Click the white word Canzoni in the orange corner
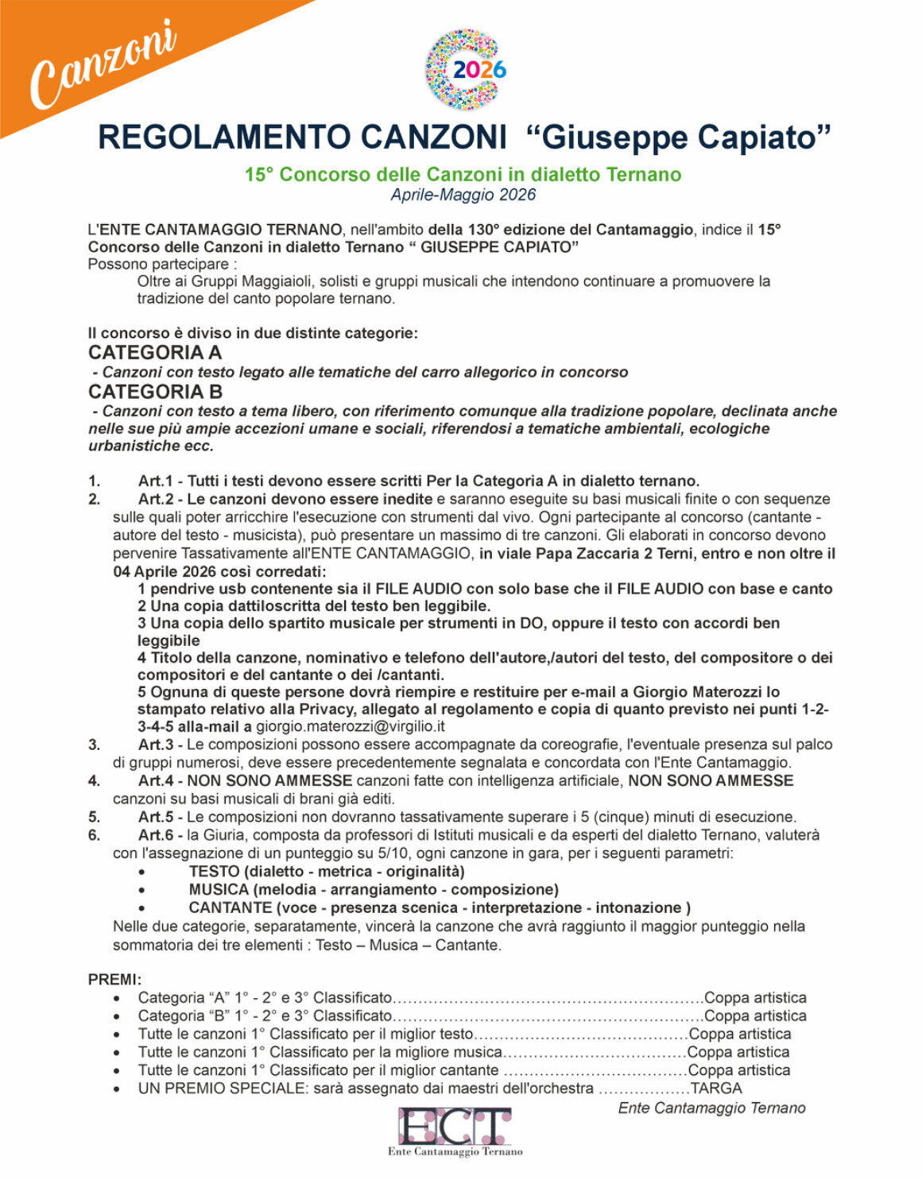click(x=102, y=64)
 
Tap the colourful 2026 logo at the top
click(x=466, y=69)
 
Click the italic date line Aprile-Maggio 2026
click(x=463, y=195)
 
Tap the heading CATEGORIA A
click(x=155, y=352)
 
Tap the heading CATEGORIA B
click(x=155, y=391)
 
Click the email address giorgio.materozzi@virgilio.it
click(x=350, y=726)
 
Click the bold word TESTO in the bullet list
click(x=214, y=872)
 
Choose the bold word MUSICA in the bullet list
click(x=219, y=890)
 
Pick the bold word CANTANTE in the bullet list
click(x=230, y=908)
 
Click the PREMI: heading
click(x=114, y=980)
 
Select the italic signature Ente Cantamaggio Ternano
click(x=711, y=1108)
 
